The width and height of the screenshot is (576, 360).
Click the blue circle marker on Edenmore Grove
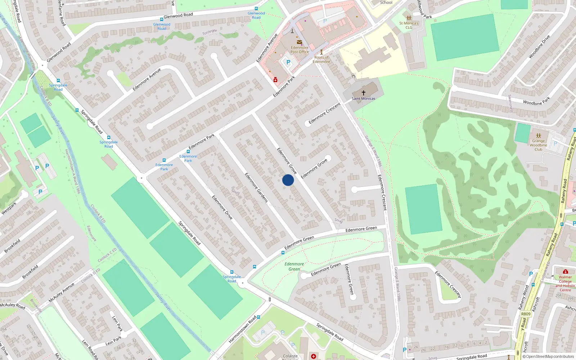click(288, 180)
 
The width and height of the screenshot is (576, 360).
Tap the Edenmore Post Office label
click(300, 50)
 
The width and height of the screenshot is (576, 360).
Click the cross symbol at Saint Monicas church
click(364, 93)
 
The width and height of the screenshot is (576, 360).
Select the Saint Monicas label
click(363, 99)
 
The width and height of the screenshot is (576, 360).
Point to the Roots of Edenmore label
click(321, 59)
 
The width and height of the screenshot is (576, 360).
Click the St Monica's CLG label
click(409, 25)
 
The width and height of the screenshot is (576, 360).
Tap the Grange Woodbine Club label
click(538, 145)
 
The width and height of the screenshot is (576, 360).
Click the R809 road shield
click(526, 314)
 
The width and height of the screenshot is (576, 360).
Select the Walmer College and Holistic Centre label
click(565, 283)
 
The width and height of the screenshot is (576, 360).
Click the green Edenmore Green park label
click(294, 266)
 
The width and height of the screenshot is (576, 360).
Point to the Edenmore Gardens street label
click(256, 188)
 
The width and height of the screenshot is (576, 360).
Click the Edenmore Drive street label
click(222, 207)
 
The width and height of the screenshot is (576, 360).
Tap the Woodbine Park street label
click(536, 101)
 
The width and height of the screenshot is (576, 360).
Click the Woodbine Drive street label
click(539, 47)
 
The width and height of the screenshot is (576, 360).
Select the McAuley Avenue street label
click(62, 292)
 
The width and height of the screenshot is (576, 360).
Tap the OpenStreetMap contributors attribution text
click(548, 357)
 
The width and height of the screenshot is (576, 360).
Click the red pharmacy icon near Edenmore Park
click(275, 80)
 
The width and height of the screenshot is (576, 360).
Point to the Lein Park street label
click(117, 323)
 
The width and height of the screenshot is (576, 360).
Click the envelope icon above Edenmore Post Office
click(300, 42)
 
